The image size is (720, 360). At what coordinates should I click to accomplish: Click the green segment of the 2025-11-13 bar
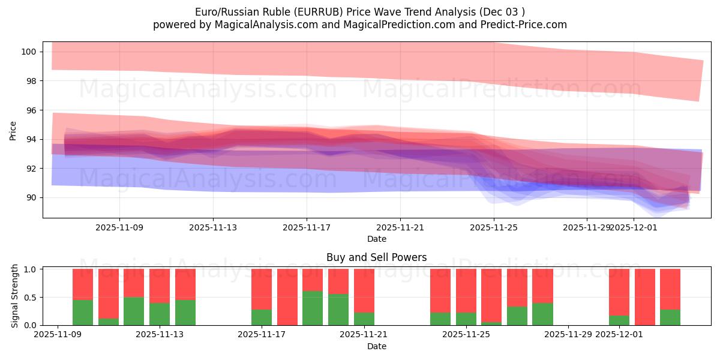[160, 314]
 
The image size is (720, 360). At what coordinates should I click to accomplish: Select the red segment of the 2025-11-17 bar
[262, 289]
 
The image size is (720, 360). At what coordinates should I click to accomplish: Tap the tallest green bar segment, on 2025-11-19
[313, 308]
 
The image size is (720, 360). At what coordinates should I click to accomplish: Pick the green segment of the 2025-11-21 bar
[364, 319]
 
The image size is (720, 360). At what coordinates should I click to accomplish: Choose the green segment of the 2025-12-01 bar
[619, 320]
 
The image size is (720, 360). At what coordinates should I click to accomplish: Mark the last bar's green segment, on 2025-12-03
[670, 317]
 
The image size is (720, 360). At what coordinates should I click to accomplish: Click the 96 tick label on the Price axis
[32, 110]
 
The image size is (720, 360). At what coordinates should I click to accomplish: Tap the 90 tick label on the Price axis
[32, 198]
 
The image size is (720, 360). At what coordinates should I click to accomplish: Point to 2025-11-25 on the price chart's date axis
[493, 227]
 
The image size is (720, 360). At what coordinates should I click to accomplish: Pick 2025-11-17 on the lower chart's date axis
[262, 335]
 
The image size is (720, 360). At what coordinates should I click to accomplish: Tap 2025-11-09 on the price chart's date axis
[119, 227]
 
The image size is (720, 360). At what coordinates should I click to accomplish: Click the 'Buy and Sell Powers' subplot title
[376, 257]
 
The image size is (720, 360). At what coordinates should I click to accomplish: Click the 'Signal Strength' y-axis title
[16, 296]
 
